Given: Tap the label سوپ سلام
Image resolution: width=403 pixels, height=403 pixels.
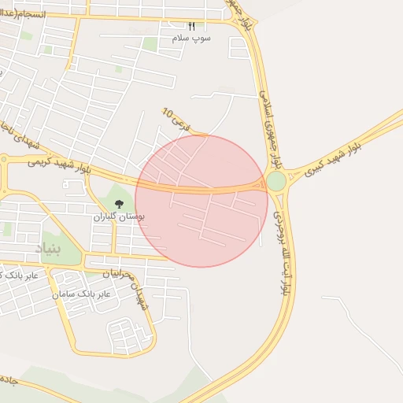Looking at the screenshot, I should (x=192, y=38).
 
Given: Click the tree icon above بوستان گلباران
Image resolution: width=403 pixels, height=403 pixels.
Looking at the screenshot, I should (x=120, y=204).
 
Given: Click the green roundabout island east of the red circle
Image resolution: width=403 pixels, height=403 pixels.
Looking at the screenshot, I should (x=276, y=182).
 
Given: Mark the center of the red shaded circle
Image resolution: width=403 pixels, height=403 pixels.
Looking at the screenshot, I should (x=201, y=201).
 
